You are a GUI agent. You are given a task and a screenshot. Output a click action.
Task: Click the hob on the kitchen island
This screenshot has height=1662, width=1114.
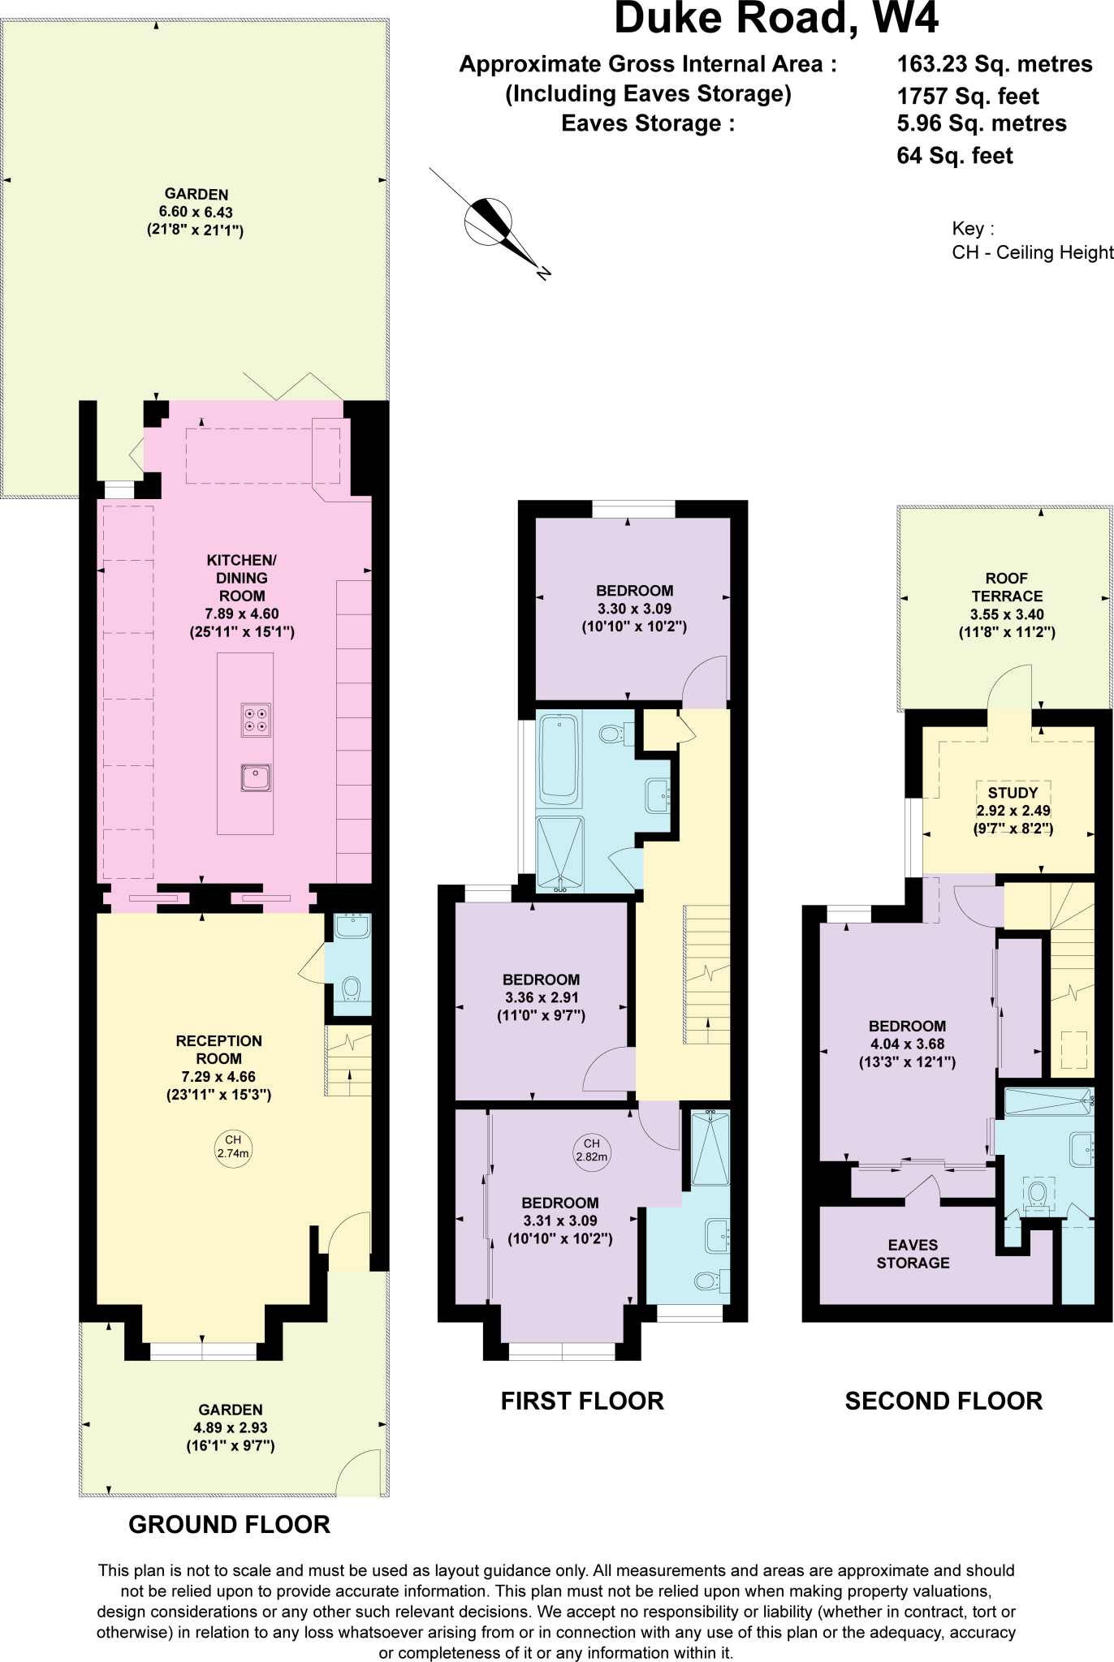click(x=256, y=720)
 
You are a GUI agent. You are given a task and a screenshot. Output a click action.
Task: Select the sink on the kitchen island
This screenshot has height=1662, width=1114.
click(x=256, y=777)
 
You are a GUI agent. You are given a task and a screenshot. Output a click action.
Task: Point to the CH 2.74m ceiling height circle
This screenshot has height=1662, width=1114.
click(x=233, y=1147)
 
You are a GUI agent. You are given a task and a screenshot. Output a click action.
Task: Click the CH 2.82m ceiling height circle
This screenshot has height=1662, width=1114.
click(x=591, y=1150)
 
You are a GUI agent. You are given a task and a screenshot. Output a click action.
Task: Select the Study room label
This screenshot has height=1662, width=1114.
click(x=1013, y=793)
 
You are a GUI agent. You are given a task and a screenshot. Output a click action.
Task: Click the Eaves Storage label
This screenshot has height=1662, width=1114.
click(x=913, y=1254)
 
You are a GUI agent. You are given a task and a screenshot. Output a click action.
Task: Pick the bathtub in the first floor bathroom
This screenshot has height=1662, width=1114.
click(x=559, y=758)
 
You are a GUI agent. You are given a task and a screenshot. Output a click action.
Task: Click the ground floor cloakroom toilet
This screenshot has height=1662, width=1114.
click(x=351, y=989)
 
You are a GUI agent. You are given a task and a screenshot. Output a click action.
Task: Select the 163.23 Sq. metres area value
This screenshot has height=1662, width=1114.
click(x=994, y=64)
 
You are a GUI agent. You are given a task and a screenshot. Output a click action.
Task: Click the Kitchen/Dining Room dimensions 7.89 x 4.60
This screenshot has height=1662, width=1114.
click(x=242, y=614)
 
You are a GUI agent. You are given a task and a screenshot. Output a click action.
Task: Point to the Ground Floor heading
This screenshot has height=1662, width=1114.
click(x=230, y=1525)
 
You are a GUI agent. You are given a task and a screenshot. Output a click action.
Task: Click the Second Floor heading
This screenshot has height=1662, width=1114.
click(x=943, y=1402)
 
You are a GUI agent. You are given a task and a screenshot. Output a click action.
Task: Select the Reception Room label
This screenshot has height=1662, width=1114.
click(x=218, y=1049)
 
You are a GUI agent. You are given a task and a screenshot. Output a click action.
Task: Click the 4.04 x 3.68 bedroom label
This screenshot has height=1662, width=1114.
click(x=907, y=1044)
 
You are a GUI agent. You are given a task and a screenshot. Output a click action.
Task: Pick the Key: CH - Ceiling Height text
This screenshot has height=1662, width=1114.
click(x=1031, y=241)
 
